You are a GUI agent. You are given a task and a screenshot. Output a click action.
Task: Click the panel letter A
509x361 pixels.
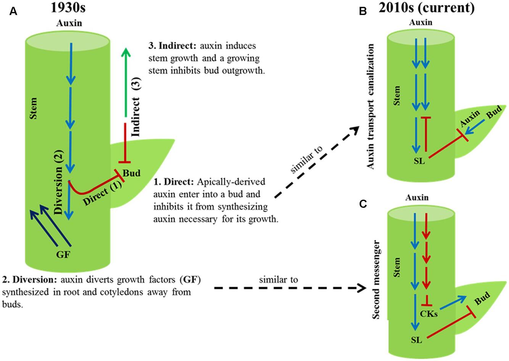(x=13, y=12)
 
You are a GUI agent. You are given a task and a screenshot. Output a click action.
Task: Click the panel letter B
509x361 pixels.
(x=362, y=12)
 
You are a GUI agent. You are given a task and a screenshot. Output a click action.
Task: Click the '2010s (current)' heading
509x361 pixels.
(x=427, y=8)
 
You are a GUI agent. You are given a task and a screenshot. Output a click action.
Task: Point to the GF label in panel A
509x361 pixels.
(x=63, y=254)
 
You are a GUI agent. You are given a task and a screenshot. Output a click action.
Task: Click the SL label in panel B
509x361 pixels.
(x=419, y=160)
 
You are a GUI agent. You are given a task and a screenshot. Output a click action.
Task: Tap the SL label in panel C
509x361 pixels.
(x=417, y=339)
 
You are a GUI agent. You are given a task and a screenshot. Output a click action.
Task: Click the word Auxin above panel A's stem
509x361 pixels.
(x=69, y=23)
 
